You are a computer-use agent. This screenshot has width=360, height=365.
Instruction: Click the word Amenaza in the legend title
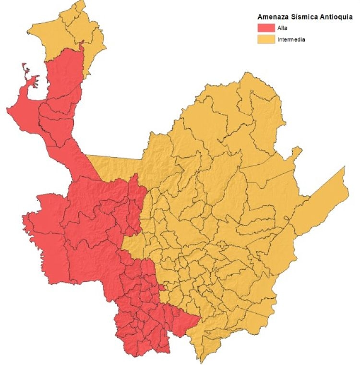pos(272,17)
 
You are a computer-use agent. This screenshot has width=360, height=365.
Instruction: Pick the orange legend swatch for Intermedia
pos(265,39)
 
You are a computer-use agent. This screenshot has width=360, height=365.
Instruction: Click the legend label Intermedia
pos(291,40)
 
